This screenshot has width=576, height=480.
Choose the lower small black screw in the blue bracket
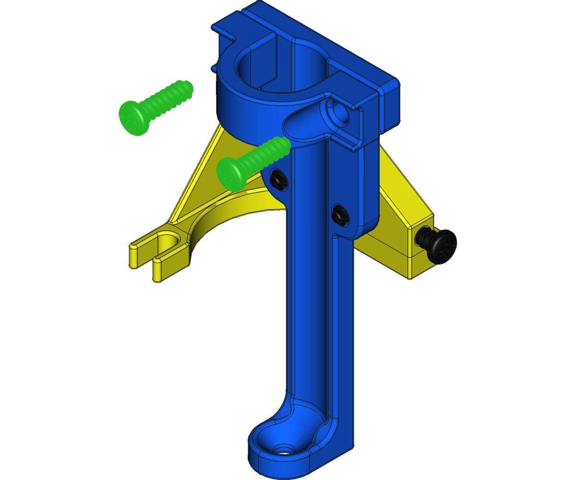point(340,214)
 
